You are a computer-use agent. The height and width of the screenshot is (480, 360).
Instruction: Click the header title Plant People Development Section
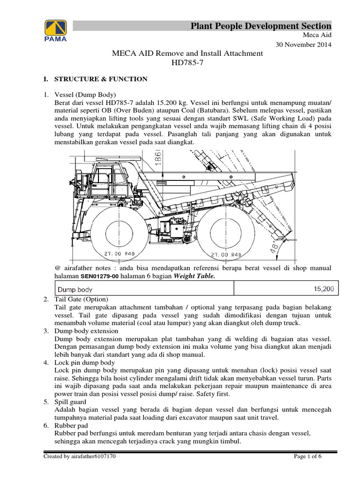(261, 26)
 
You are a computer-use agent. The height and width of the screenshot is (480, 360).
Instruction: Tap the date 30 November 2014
(304, 45)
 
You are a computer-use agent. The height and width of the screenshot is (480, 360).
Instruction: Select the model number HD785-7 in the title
(187, 63)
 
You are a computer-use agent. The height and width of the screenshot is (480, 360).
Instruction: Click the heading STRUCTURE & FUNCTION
(101, 79)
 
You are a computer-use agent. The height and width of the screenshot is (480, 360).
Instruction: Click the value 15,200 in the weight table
(323, 289)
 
